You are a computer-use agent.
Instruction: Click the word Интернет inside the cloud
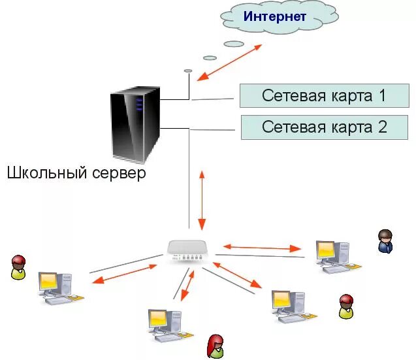(275, 16)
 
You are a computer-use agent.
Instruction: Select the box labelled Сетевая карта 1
(324, 96)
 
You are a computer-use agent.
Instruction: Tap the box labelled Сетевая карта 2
(325, 127)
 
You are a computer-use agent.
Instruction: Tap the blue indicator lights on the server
(138, 104)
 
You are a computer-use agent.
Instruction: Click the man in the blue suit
(385, 241)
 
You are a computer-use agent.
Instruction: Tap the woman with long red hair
(215, 346)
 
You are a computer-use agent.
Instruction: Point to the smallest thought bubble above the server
(188, 70)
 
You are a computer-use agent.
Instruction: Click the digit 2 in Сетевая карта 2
(381, 127)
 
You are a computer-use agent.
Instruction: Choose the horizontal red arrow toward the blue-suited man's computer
(261, 248)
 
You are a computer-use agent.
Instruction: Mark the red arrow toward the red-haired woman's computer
(187, 285)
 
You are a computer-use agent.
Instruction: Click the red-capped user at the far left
(18, 267)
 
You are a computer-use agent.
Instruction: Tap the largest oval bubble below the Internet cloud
(234, 44)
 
